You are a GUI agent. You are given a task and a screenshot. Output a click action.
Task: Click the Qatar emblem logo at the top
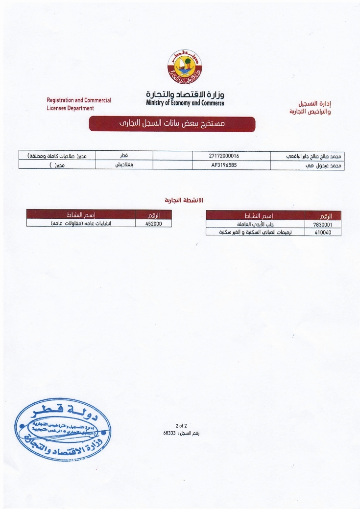pos(185,69)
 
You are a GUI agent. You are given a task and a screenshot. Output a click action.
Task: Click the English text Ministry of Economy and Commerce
pos(185,103)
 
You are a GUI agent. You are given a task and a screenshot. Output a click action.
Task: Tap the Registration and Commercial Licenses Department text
pos(79,104)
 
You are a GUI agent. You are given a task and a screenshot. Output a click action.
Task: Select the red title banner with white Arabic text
pos(172,124)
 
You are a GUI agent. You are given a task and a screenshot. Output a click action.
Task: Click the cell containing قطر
pos(124,156)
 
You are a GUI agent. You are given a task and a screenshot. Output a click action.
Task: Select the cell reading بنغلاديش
pos(124,165)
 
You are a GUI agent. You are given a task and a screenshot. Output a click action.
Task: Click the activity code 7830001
pos(322,224)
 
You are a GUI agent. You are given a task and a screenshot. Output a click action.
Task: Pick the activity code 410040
pos(322,232)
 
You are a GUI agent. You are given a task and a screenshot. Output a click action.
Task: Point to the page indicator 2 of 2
pos(181,425)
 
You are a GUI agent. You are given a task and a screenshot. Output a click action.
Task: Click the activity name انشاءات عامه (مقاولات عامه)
pos(81,223)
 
